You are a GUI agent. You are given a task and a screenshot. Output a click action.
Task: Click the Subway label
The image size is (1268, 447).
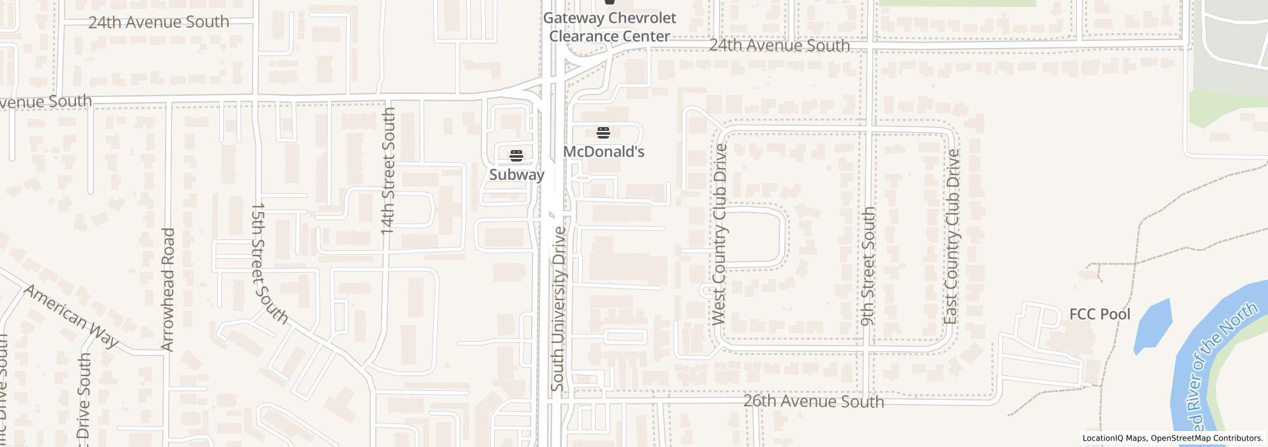click(516, 174)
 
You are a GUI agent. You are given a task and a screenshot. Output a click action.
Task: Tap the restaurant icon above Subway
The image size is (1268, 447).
click(516, 155)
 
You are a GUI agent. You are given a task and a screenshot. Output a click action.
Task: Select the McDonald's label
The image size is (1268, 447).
click(603, 151)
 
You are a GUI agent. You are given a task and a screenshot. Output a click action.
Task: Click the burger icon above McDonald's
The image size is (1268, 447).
click(603, 133)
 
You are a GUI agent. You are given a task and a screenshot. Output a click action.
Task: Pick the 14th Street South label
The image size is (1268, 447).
click(389, 170)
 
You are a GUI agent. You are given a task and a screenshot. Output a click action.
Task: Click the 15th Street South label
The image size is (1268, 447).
click(268, 263)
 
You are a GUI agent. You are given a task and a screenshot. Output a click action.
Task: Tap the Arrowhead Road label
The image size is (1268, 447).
click(168, 289)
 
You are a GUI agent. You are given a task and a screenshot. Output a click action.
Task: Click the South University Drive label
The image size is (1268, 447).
click(558, 309)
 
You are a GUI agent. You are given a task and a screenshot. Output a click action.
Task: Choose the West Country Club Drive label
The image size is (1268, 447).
click(720, 234)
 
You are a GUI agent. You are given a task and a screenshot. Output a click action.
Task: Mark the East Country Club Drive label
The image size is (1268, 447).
click(952, 236)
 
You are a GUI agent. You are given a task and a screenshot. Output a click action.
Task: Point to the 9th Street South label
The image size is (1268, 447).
click(868, 266)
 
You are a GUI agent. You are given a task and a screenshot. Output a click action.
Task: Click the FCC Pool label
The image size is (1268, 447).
click(1100, 314)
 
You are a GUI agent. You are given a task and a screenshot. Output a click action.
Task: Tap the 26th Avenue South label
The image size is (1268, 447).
click(814, 401)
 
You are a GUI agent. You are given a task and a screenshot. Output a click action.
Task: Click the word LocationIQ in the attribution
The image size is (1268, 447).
click(1102, 439)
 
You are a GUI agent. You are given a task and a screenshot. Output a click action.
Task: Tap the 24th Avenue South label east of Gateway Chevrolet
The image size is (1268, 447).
click(779, 45)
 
